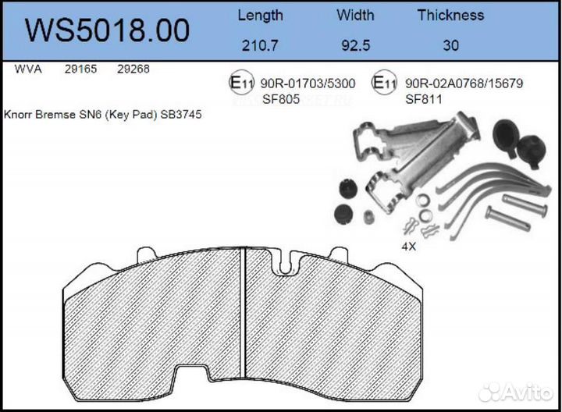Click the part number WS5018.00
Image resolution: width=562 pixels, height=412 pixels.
107,30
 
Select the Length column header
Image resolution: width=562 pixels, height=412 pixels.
261,15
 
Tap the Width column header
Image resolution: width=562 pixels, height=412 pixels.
355,15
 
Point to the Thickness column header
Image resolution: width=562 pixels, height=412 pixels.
450,15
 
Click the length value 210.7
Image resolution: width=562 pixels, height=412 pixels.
260,45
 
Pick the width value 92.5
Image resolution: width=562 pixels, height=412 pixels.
355,45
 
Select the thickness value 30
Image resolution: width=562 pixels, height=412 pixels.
450,45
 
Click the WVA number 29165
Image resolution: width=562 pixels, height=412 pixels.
80,69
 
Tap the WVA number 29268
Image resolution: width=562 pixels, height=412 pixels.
133,69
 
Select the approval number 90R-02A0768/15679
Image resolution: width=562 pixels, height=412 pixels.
464,83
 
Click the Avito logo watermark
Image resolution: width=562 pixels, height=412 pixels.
515,391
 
